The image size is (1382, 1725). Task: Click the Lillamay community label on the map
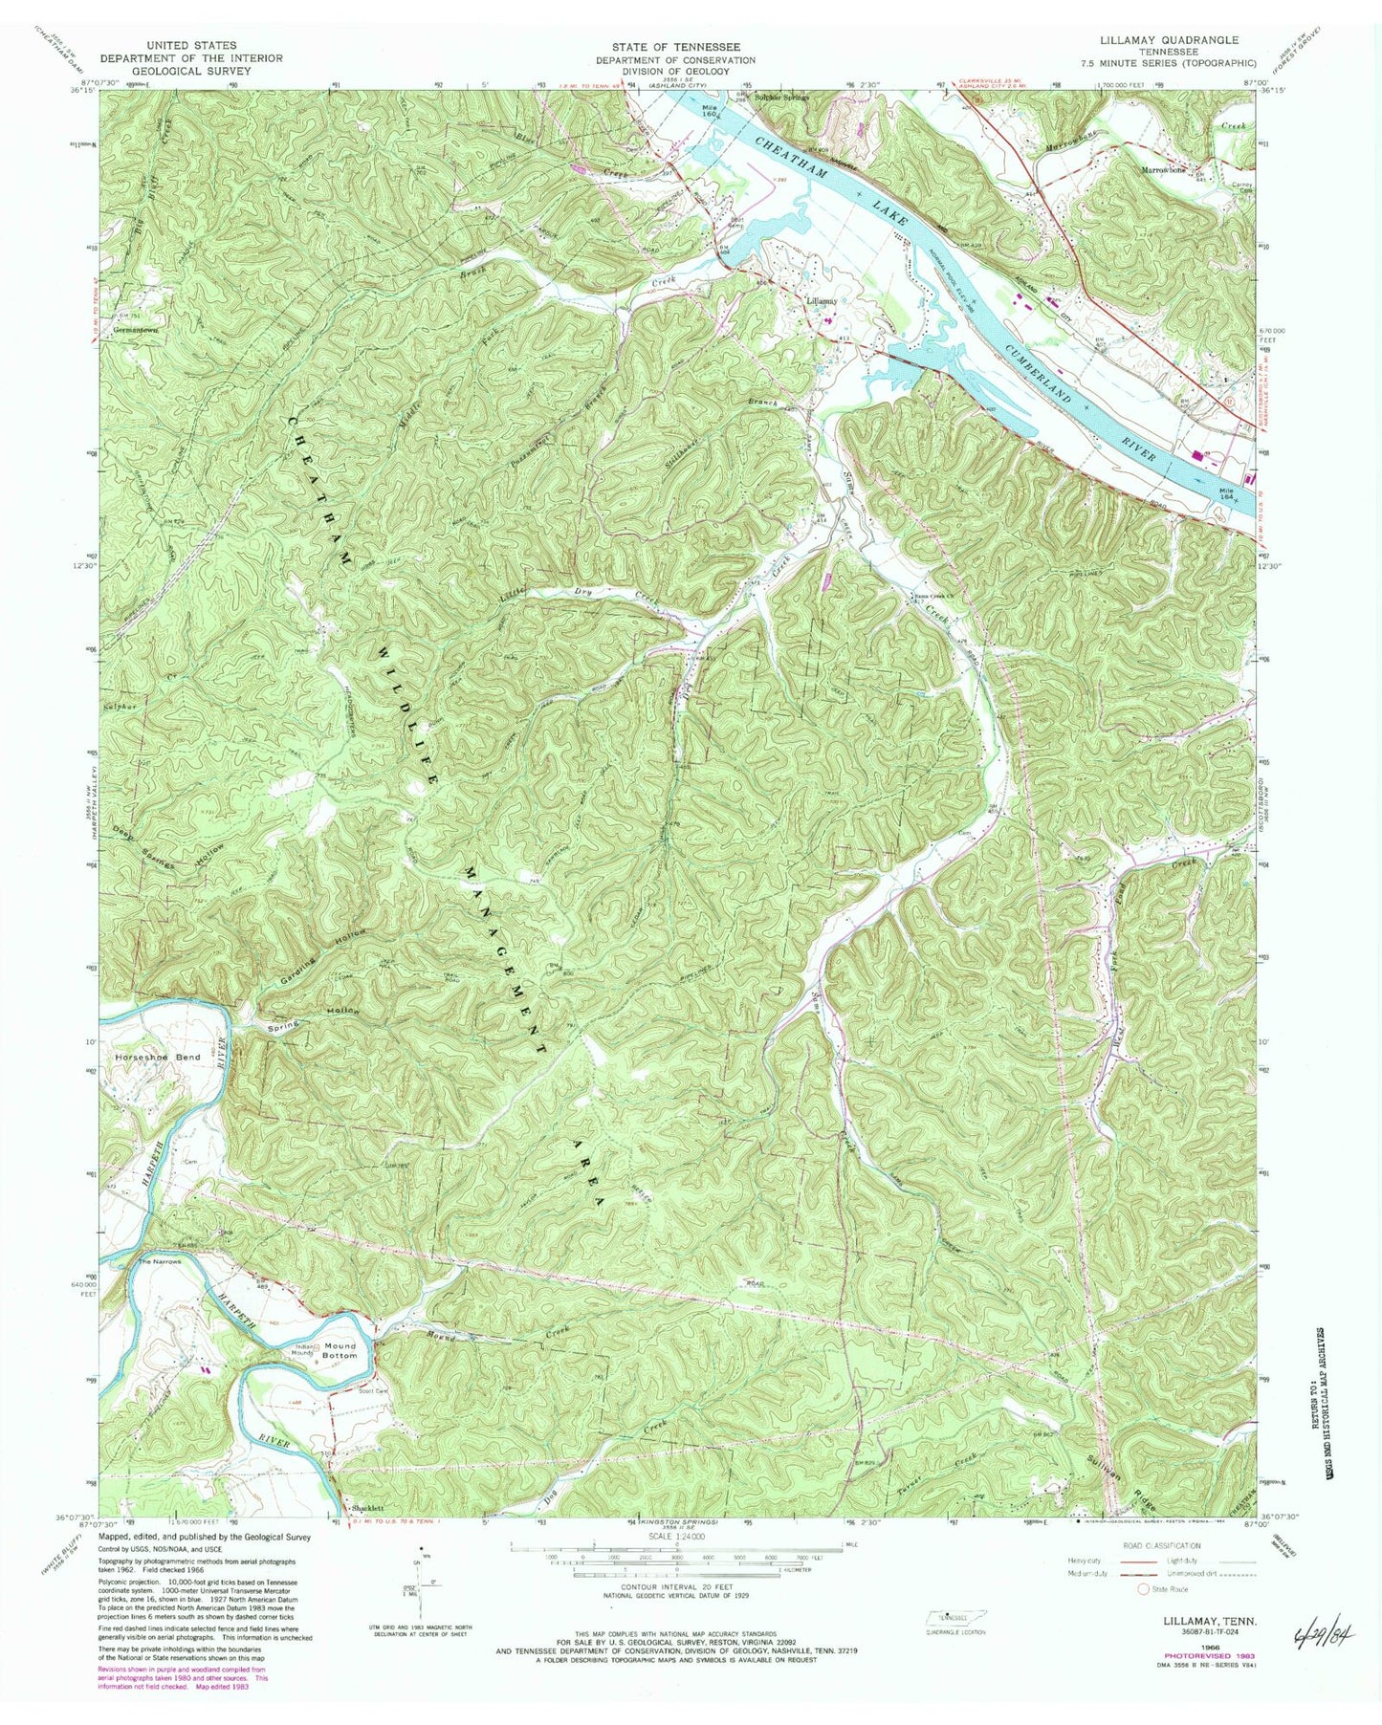coord(822,300)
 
